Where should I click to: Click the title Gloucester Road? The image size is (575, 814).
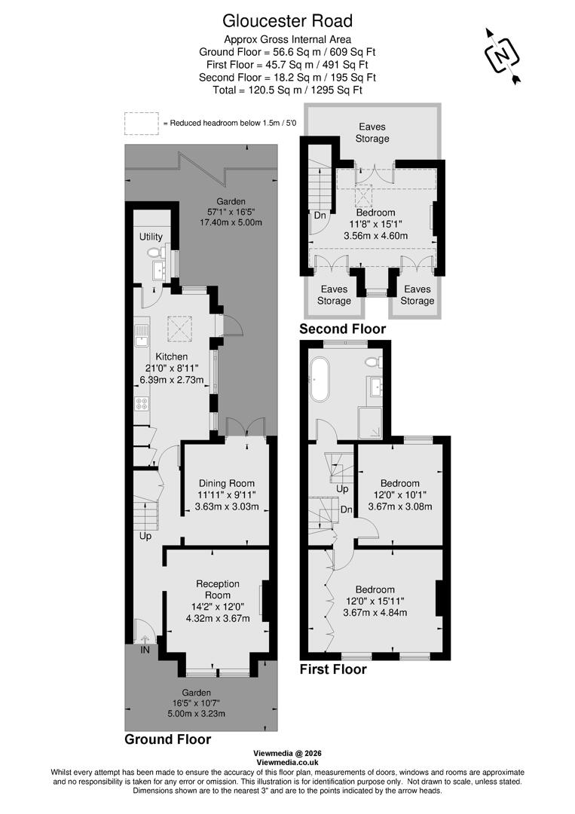287,20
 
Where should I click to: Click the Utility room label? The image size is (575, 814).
151,237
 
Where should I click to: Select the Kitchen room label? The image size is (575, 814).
171,357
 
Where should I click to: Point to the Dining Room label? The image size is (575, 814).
226,483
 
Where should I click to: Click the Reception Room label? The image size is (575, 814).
218,589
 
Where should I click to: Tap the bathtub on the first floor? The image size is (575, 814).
320,379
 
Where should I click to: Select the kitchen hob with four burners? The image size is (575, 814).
142,402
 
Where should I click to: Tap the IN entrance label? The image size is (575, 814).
142,649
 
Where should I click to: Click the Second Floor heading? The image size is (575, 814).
342,329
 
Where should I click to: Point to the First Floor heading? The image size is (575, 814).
333,669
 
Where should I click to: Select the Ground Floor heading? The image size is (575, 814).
167,739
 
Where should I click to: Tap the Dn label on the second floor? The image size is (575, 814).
320,215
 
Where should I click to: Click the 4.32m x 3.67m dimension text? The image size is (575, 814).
218,619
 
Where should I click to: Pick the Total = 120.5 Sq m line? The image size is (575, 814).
287,90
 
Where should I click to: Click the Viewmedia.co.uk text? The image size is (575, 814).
287,763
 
